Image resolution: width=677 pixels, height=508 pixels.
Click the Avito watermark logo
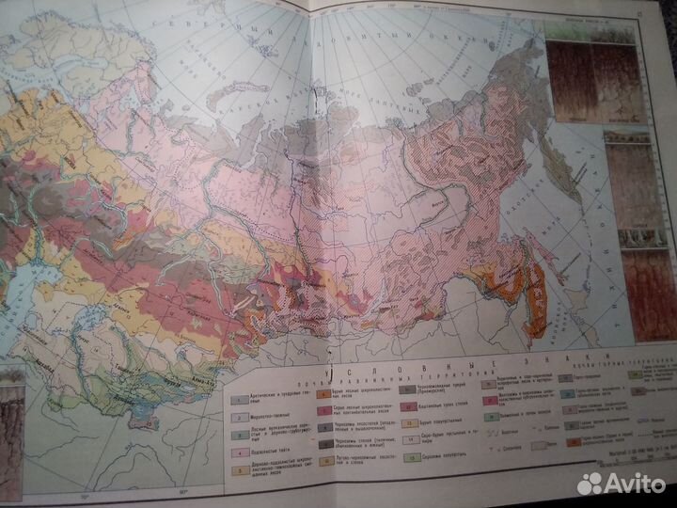620,483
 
